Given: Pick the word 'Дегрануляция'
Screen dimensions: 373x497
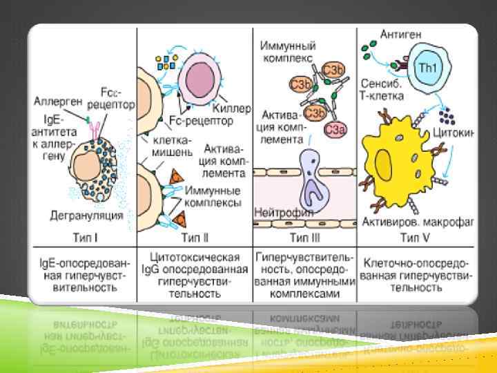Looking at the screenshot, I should (x=86, y=215).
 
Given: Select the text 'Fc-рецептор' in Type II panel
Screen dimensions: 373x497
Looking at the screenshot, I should (x=201, y=120).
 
